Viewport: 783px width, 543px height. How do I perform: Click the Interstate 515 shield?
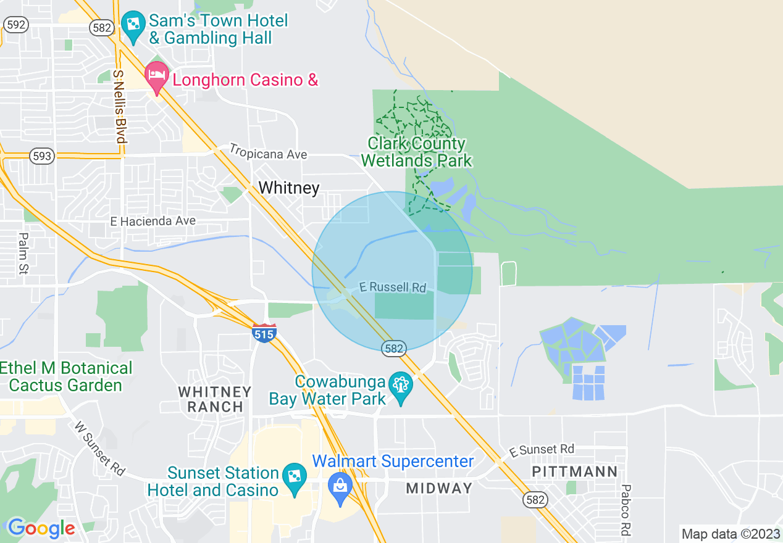coord(264,333)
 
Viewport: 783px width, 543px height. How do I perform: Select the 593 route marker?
coord(42,156)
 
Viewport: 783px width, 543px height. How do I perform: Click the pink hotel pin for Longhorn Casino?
coord(157,76)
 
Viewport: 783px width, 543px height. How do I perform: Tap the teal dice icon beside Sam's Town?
coord(132,25)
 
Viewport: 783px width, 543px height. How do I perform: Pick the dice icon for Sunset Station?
coord(294,477)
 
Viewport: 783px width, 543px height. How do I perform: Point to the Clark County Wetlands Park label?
coord(416,152)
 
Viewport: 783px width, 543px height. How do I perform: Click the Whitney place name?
coord(289,188)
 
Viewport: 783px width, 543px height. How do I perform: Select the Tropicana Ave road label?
coord(268,151)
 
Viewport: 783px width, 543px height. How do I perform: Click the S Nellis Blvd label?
coord(119,106)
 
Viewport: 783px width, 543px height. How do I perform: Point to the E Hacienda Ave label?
coord(153,221)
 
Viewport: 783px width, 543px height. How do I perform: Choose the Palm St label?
coord(23,253)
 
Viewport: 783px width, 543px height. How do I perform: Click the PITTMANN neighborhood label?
coord(575,472)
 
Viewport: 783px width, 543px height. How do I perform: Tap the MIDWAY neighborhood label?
coord(438,488)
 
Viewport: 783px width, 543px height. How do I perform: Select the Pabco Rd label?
coord(626,510)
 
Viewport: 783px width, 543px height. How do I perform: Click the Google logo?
coord(41,528)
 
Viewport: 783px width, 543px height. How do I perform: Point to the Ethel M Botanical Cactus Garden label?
coord(66,377)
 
